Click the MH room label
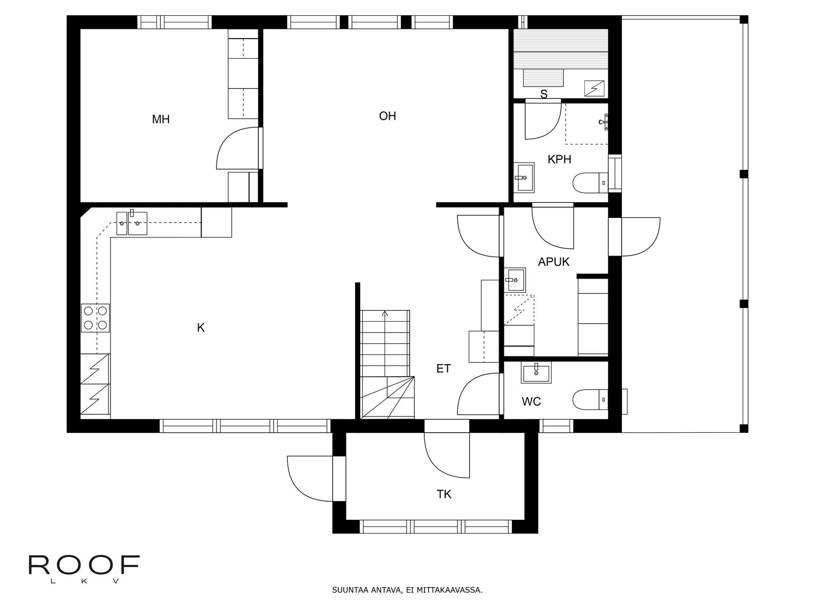point(161,119)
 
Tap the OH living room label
point(387,116)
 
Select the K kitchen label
point(201,327)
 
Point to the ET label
point(443,368)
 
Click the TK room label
point(444,494)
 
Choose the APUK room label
point(554,262)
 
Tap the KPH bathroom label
point(559,159)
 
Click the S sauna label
point(544,94)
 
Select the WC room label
point(531,401)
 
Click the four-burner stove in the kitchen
point(95,318)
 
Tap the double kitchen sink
point(132,223)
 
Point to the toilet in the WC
point(590,400)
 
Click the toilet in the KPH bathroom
point(590,183)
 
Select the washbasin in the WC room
point(536,373)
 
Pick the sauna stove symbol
point(594,88)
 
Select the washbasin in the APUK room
point(515,280)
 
